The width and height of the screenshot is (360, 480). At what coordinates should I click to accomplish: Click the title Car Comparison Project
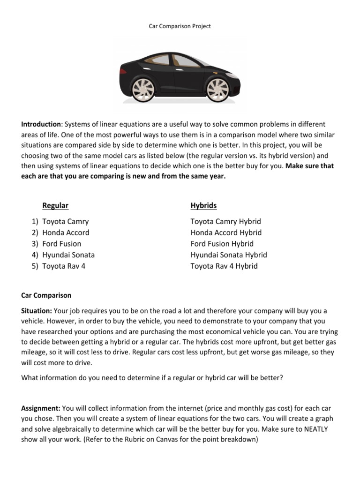tap(180, 26)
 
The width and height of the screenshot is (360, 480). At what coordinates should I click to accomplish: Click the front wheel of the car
tap(217, 90)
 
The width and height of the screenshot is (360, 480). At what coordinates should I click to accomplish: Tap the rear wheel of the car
tap(142, 90)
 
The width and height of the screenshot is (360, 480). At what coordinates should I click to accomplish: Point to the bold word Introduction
tap(41, 124)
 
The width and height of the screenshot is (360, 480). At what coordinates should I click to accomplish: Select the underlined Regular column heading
tap(55, 205)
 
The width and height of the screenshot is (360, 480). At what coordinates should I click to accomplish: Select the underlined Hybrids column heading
tap(203, 205)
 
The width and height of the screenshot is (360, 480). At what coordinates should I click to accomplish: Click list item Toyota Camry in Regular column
tap(65, 221)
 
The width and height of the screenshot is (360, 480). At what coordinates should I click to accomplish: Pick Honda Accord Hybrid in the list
tap(226, 232)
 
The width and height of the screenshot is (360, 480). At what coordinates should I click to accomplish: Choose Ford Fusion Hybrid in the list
tap(222, 244)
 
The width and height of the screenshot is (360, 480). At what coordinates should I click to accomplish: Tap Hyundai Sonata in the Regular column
tap(68, 255)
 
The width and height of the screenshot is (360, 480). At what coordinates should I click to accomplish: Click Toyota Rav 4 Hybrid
tap(224, 266)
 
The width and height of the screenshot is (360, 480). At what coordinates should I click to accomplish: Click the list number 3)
tap(35, 244)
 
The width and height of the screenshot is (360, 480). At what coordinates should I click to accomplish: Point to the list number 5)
tap(35, 266)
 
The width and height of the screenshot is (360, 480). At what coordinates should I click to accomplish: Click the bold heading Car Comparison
tap(46, 295)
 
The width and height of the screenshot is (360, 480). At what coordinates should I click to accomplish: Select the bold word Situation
tap(37, 311)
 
